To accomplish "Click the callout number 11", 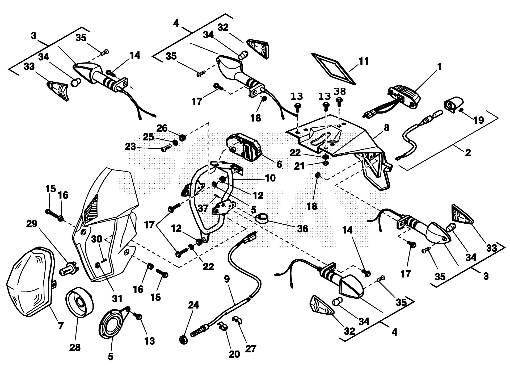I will (363, 61).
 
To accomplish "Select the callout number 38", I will (340, 91).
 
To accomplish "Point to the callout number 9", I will (226, 279).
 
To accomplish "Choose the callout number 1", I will (439, 67).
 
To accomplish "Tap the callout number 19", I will (479, 120).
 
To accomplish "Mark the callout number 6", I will (279, 164).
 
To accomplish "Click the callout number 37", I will (203, 208).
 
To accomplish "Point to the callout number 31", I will (117, 299).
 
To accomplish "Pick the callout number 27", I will (250, 348).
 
